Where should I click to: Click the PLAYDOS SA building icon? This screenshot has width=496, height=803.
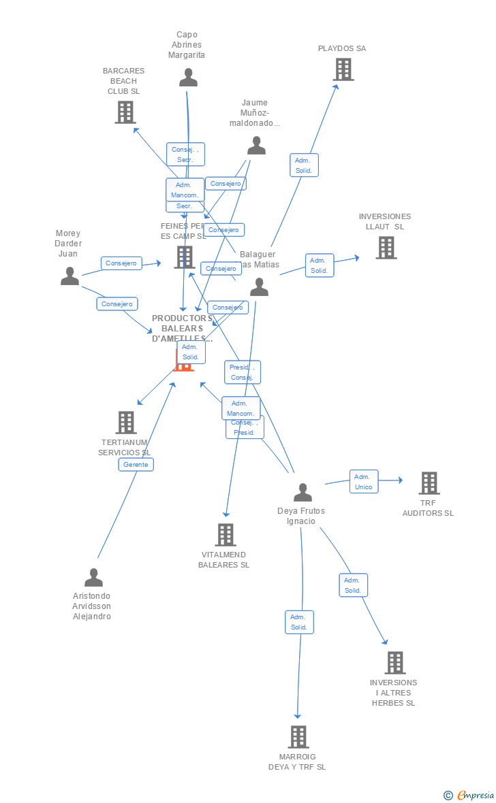pos(343,69)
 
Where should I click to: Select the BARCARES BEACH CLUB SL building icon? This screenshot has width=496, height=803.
pos(125,112)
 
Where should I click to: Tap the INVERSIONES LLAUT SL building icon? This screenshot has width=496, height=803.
pos(386,248)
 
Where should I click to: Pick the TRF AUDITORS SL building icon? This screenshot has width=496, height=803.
pos(429,483)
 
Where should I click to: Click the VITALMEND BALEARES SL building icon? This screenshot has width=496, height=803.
pos(226,535)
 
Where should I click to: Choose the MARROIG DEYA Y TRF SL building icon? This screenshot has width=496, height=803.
pos(298,737)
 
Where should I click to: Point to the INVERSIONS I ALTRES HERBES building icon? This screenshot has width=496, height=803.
pos(394,663)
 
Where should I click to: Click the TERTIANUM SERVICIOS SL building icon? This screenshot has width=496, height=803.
pos(126,423)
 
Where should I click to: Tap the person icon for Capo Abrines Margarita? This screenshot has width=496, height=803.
pos(188,78)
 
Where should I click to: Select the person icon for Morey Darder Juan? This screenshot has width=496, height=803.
pos(69,276)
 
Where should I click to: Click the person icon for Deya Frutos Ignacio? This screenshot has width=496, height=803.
pos(303,492)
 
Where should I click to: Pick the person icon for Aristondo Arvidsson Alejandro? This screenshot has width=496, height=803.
pos(93,578)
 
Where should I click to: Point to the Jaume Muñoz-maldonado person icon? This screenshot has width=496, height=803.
pos(256,146)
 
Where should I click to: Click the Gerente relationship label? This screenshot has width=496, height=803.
pos(136,464)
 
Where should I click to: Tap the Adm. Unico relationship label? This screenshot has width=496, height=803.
pos(364,481)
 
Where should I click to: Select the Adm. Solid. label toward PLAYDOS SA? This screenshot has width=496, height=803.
pos(304,165)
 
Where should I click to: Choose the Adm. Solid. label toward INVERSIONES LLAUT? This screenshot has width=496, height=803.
pos(320,265)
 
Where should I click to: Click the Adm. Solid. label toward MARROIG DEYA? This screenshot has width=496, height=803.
pos(299,622)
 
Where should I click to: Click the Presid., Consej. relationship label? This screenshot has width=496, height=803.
pos(242,372)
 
